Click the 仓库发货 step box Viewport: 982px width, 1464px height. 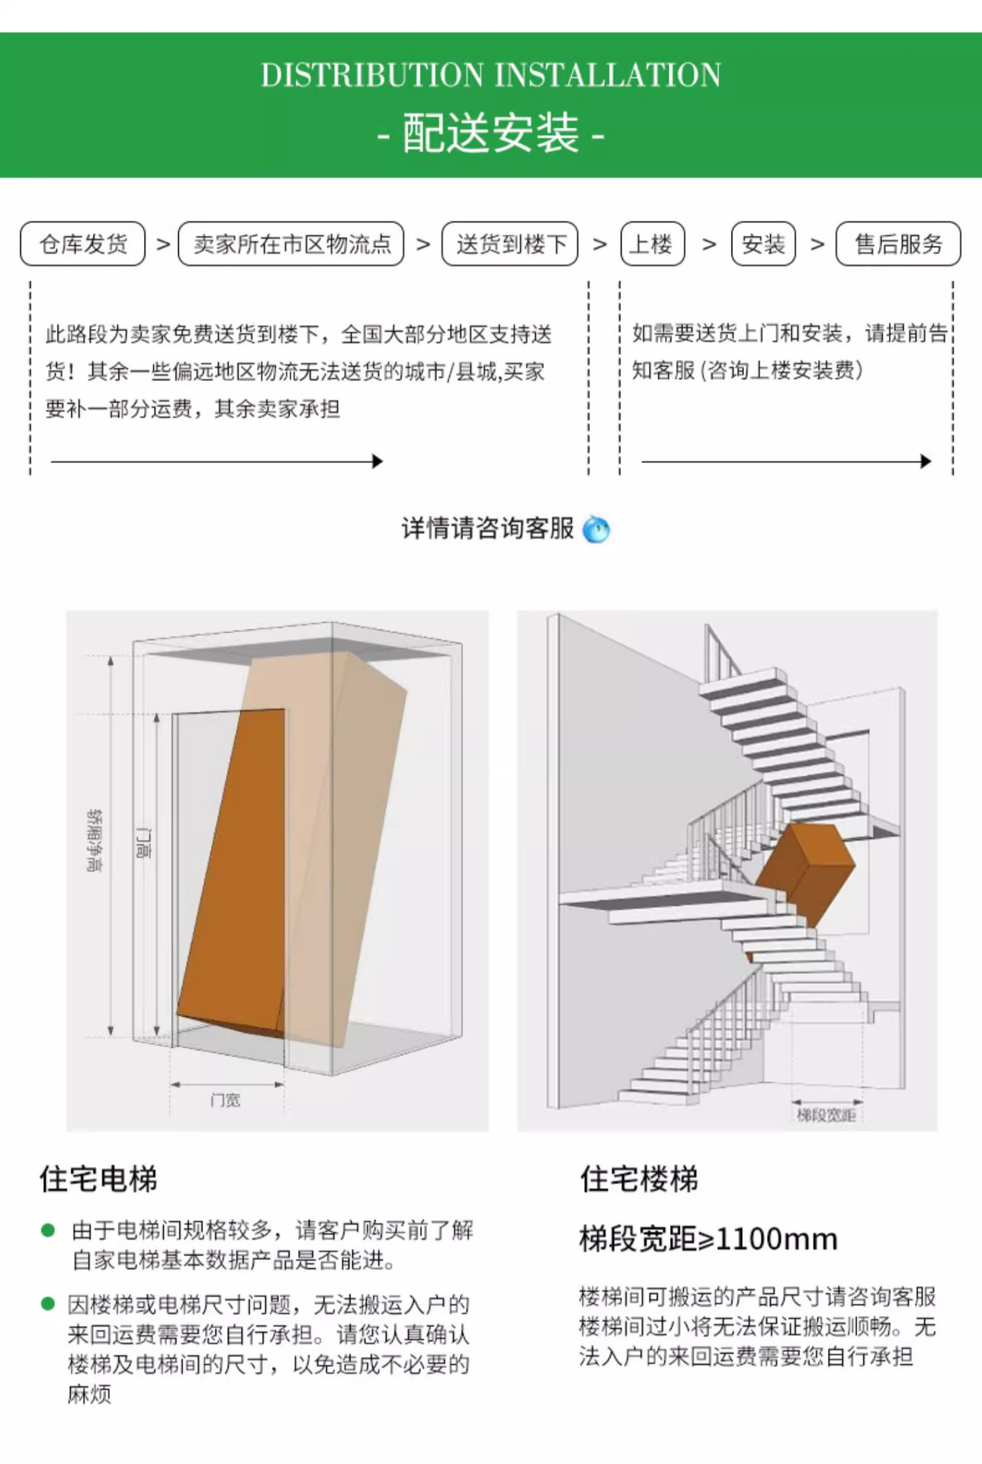tap(82, 244)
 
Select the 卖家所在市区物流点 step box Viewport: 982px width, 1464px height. tap(291, 244)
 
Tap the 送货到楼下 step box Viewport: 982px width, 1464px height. tap(510, 244)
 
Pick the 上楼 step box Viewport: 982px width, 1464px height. tap(653, 244)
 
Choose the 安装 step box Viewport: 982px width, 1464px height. tap(763, 244)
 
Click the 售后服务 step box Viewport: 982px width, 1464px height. tap(898, 244)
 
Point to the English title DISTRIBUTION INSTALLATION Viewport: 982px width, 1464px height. tap(491, 75)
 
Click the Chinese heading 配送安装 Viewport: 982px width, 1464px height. tap(491, 133)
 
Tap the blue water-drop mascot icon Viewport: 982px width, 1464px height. tap(596, 529)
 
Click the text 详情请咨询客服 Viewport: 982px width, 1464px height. tap(488, 528)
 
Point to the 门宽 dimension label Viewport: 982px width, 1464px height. tap(226, 1100)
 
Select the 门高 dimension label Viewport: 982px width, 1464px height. tap(143, 843)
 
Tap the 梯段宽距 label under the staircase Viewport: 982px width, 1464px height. tap(826, 1116)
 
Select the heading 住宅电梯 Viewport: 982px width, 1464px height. tap(99, 1179)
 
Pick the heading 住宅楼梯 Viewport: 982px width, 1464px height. tap(639, 1179)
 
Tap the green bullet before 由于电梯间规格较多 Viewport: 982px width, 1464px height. tap(48, 1229)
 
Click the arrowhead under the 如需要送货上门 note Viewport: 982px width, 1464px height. tap(926, 461)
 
